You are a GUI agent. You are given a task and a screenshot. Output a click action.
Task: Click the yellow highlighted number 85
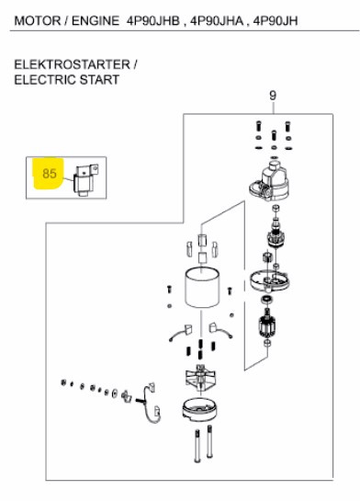pos(50,174)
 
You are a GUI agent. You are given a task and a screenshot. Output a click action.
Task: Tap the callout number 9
pos(273,96)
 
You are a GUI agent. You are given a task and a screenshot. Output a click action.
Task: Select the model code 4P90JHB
pos(153,21)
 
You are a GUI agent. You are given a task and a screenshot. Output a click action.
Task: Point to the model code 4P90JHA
pos(217,21)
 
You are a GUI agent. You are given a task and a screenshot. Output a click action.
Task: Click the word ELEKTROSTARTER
pos(73,64)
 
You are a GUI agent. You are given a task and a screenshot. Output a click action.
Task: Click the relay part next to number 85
pos(85,179)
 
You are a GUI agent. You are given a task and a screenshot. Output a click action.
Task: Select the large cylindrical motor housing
pos(202,288)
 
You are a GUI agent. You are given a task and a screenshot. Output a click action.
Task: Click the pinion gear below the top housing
pos(275,236)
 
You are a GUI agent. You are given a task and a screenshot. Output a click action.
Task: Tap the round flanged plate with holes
pos(270,279)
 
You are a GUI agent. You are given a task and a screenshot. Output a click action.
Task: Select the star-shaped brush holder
pos(200,379)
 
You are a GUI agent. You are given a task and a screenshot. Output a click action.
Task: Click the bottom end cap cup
pos(200,410)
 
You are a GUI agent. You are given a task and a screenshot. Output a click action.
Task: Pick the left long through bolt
pos(197,446)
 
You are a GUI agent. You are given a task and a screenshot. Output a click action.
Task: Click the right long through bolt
pos(209,441)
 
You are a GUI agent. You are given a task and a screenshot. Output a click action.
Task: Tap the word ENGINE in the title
pos(96,21)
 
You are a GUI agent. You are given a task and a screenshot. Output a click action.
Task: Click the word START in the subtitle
pos(99,80)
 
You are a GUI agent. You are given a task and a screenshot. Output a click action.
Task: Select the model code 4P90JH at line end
pos(276,21)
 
